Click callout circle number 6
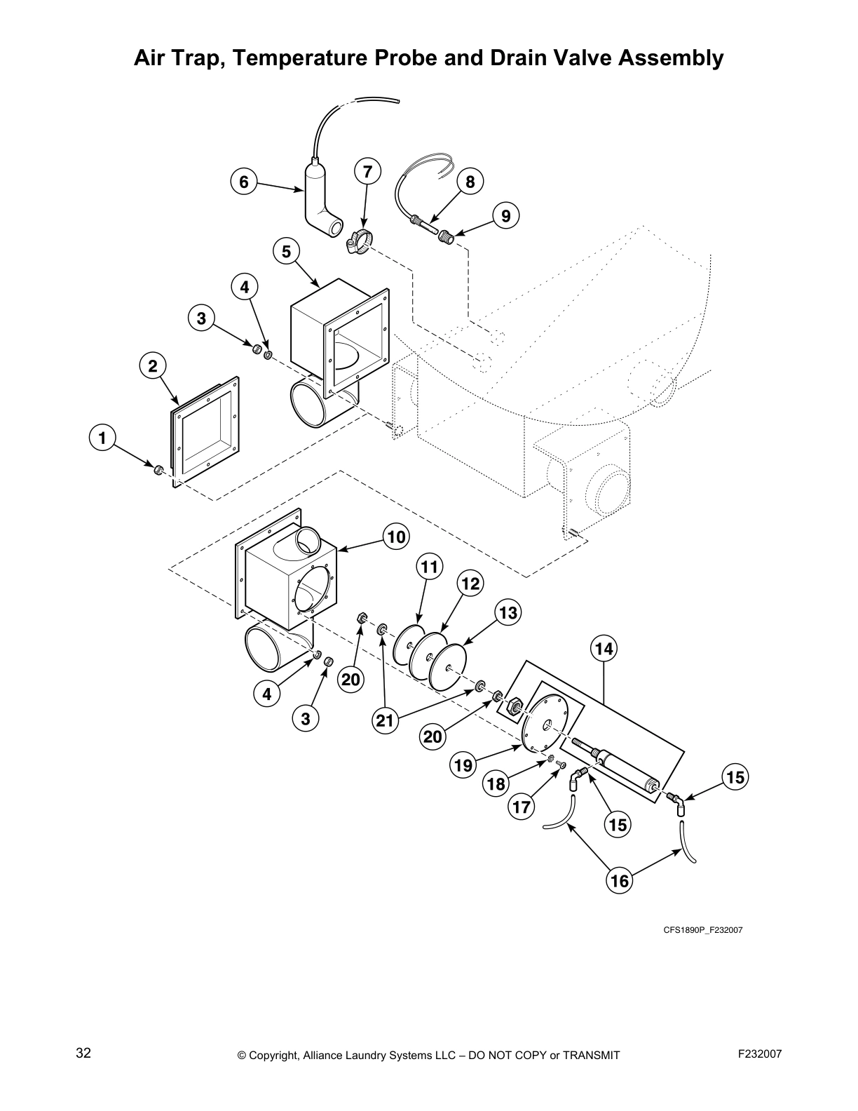pyautogui.click(x=243, y=182)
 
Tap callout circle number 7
pyautogui.click(x=367, y=172)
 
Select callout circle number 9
pyautogui.click(x=506, y=215)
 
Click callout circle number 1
pyautogui.click(x=102, y=438)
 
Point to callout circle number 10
pyautogui.click(x=396, y=537)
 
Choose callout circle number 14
pyautogui.click(x=604, y=649)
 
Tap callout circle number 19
pyautogui.click(x=463, y=765)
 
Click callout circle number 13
pyautogui.click(x=508, y=613)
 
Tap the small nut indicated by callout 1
pyautogui.click(x=158, y=469)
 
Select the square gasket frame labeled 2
pyautogui.click(x=206, y=429)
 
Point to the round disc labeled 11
pyautogui.click(x=407, y=645)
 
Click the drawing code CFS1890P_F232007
pyautogui.click(x=703, y=930)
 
